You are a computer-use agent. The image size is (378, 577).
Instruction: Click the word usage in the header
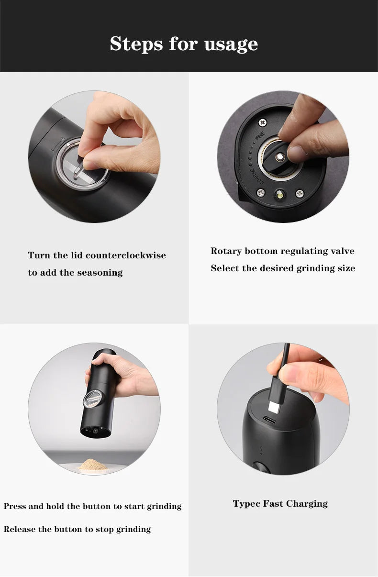pos(231,44)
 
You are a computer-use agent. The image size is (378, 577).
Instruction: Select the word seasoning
pos(98,273)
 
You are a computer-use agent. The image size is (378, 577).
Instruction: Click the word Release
pos(19,529)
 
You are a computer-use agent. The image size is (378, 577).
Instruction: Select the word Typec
pos(246,503)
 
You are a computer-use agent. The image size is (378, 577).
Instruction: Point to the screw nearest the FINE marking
pos(262,122)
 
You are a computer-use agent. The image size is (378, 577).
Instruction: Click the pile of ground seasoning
pos(92,464)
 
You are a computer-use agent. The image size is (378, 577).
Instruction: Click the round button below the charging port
pos(262,468)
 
